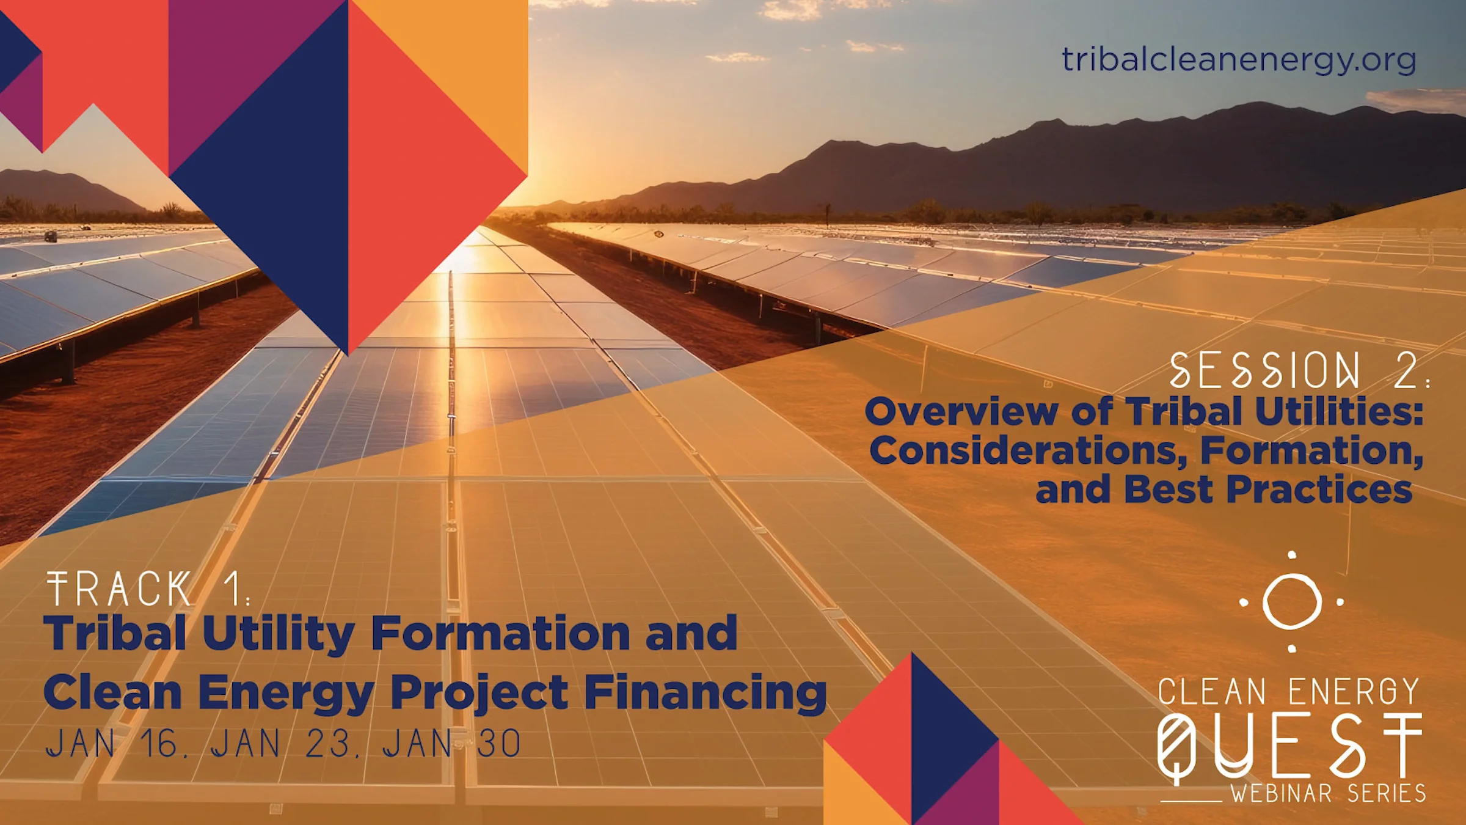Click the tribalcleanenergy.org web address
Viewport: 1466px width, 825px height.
[1238, 61]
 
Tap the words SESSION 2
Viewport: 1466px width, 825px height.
[1297, 371]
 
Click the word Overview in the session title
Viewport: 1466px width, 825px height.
[961, 411]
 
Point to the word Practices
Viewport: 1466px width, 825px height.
[1319, 490]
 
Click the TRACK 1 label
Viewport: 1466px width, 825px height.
[147, 589]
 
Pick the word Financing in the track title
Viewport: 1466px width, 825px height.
[706, 693]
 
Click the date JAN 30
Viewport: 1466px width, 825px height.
[451, 744]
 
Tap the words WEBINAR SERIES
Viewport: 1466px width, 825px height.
[1328, 793]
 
